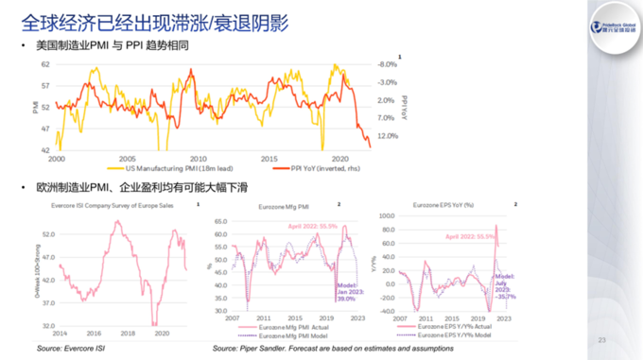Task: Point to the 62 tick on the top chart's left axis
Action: (45, 64)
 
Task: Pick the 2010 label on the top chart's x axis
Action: (198, 158)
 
